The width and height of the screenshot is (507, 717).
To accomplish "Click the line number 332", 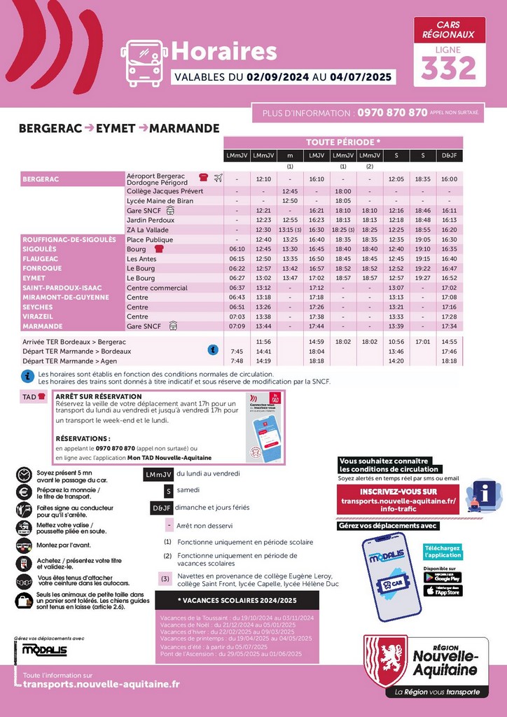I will (449, 68).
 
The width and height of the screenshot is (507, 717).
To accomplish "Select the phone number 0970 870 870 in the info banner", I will (392, 112).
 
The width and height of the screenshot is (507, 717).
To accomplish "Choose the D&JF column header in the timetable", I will (450, 155).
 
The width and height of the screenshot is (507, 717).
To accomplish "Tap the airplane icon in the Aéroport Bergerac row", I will (218, 178).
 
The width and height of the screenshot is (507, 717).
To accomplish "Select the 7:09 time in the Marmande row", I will (237, 326).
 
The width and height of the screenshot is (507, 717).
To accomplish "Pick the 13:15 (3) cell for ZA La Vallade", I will (289, 230).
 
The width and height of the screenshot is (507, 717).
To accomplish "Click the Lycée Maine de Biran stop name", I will (160, 201).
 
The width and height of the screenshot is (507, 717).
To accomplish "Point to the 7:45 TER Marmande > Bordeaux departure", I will (237, 351).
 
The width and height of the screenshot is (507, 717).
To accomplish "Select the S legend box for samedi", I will (168, 491).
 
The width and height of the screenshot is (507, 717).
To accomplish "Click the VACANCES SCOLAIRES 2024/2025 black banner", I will (237, 601).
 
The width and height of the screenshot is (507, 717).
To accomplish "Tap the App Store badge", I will (442, 591).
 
